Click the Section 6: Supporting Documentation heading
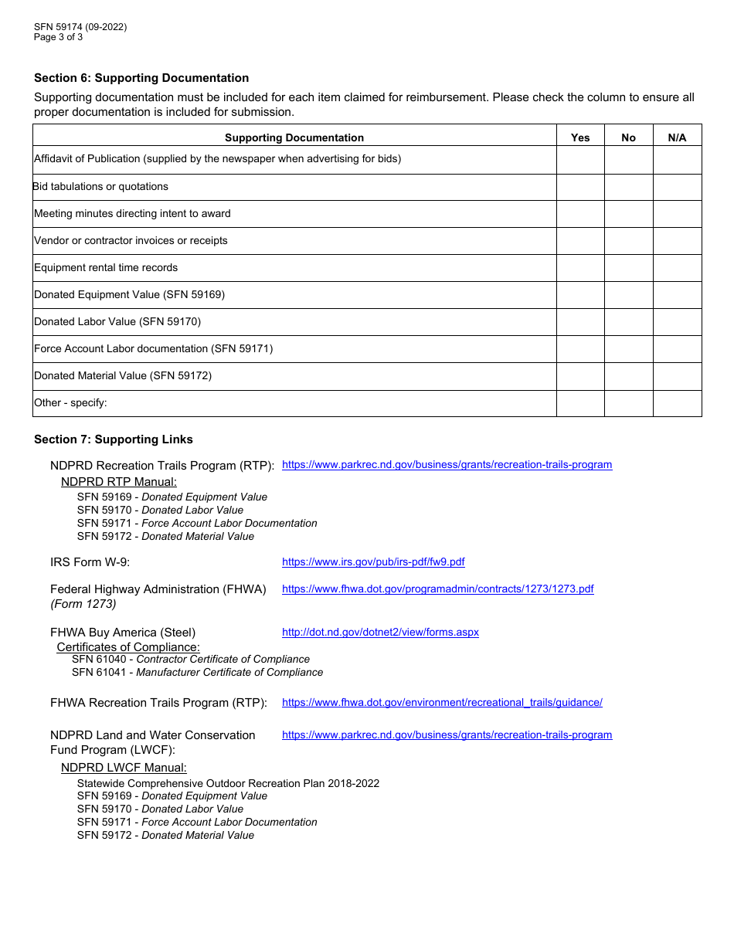[141, 78]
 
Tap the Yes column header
[580, 137]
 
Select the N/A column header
[677, 137]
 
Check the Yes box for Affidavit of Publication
[580, 160]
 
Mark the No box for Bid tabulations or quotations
[628, 187]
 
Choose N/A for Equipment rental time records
[677, 268]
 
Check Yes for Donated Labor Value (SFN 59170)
[580, 322]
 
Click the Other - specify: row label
[70, 403]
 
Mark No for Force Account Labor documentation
[628, 349]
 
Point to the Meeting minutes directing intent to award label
[132, 214]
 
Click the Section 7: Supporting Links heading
[114, 439]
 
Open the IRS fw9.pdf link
[373, 562]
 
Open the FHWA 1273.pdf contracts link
[437, 589]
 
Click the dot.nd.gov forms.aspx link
[380, 633]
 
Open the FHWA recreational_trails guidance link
[442, 703]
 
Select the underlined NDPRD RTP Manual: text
[119, 482]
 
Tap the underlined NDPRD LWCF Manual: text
[124, 768]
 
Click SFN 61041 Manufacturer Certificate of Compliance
[197, 673]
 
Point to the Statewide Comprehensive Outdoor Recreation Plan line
[228, 783]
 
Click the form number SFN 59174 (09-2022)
[80, 27]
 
